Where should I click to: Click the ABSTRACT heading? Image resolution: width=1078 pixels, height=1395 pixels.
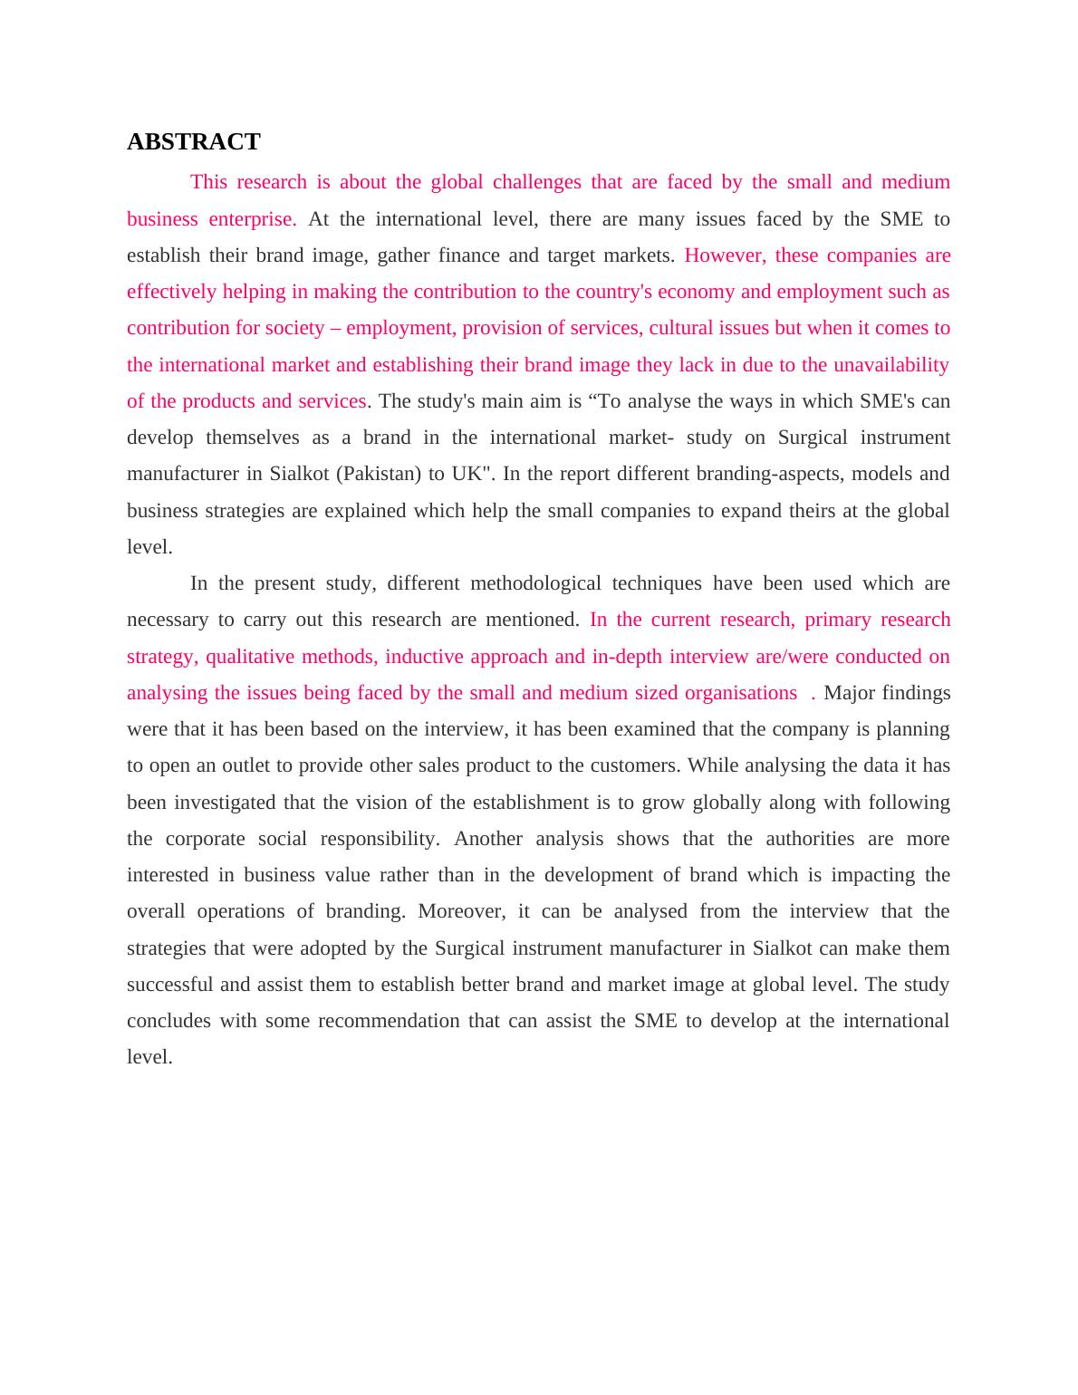point(193,142)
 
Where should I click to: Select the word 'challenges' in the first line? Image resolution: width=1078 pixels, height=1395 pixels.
point(536,182)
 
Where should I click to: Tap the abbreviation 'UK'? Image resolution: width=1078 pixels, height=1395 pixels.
point(468,474)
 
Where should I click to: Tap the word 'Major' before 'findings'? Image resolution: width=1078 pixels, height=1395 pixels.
point(849,693)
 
